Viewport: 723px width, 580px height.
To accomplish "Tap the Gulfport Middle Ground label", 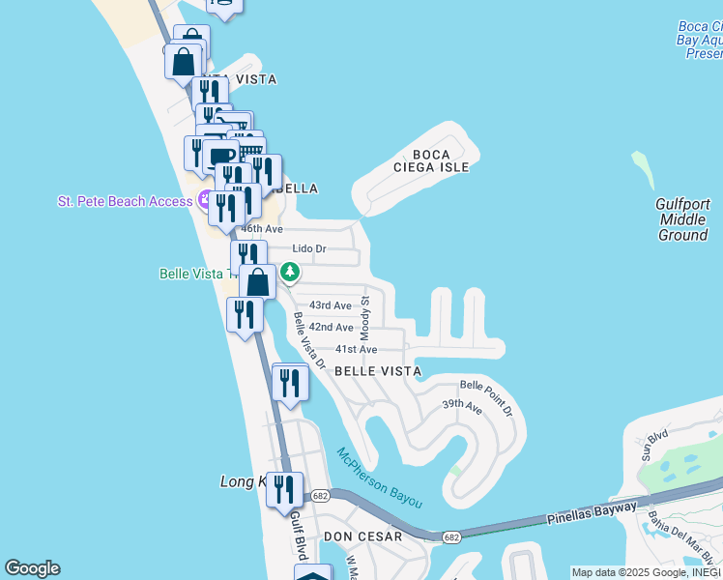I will point(682,219).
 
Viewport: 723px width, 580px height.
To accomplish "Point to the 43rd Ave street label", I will point(330,305).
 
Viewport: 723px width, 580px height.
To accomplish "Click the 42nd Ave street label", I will point(331,328).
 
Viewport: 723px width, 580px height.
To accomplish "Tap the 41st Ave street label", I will point(355,349).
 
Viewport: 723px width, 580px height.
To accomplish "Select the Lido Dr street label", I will point(309,249).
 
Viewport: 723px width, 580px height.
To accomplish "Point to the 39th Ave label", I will point(462,406).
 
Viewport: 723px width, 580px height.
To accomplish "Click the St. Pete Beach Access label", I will point(126,201).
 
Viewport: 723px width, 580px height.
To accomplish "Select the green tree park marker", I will point(289,274).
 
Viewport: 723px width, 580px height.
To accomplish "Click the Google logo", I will point(32,568).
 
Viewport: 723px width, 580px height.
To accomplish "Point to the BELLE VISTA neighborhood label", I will point(378,371).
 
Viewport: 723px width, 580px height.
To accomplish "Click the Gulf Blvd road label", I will point(297,534).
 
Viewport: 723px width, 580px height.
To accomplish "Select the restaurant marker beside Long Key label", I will point(283,489).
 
